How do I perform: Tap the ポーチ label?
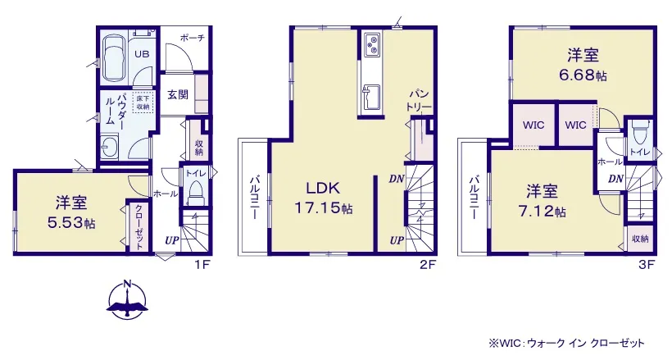click(192, 38)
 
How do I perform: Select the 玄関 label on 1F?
click(178, 94)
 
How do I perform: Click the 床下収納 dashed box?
click(143, 103)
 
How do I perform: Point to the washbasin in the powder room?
click(110, 148)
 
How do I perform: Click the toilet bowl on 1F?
click(195, 193)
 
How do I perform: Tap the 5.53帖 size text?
click(71, 223)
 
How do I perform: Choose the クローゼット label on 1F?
click(139, 226)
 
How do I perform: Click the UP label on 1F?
click(171, 241)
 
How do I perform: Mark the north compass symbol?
click(127, 299)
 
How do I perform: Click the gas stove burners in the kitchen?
click(370, 44)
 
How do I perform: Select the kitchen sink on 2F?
click(370, 97)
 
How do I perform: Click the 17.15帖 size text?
click(323, 208)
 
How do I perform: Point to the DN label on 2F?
click(397, 179)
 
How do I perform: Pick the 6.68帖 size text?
click(583, 75)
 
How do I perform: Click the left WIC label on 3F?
click(534, 125)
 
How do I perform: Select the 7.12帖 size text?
click(542, 211)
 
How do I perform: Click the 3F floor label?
click(647, 265)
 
